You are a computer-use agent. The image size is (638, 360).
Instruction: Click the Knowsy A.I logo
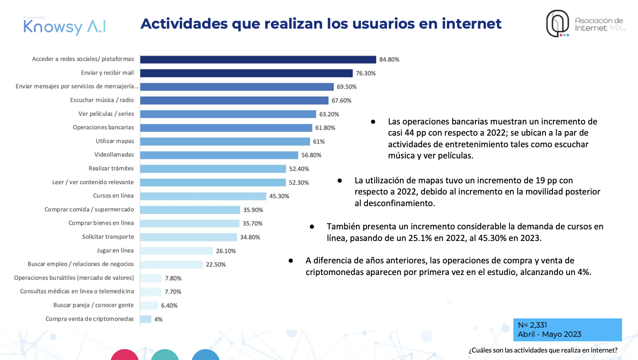(65, 27)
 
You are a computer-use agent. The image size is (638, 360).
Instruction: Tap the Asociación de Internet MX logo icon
(557, 24)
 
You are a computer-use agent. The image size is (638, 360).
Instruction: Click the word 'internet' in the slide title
(471, 24)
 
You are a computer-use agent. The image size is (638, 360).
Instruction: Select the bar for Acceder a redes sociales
(258, 59)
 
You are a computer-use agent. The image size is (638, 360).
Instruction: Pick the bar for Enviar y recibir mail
(246, 73)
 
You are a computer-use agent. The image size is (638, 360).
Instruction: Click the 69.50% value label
(346, 87)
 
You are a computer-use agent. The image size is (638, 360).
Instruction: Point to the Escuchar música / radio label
(102, 100)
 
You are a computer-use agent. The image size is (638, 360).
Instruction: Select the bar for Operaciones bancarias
(226, 128)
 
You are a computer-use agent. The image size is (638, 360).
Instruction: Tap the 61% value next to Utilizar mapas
(319, 141)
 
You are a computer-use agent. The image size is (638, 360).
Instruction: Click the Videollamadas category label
(114, 155)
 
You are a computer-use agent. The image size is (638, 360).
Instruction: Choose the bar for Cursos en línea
(203, 196)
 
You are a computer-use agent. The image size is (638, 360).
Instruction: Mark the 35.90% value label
(253, 210)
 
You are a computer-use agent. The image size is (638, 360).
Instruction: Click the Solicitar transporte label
(108, 237)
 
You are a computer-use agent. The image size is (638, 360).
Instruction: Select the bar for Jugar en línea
(176, 251)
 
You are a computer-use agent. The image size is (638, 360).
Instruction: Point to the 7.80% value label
(173, 278)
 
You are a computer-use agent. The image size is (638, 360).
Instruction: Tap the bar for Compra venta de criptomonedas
(146, 319)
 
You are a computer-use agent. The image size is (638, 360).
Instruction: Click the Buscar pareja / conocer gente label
(93, 305)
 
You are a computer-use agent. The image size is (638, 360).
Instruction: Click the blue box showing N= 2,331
(567, 330)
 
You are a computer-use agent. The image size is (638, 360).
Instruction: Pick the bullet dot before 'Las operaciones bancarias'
(373, 122)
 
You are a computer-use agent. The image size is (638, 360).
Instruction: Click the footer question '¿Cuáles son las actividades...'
(543, 350)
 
